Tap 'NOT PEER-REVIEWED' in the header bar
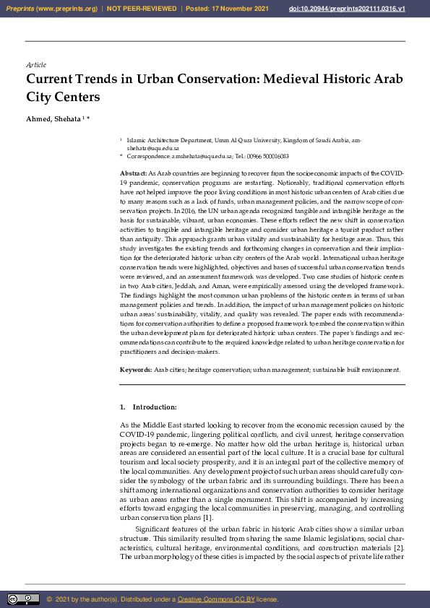[142, 8]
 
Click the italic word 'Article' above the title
[36, 65]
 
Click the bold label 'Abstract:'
[133, 174]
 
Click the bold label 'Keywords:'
[135, 369]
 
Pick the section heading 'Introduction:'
[155, 407]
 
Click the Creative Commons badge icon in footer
[23, 599]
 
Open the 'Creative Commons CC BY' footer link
[215, 599]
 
